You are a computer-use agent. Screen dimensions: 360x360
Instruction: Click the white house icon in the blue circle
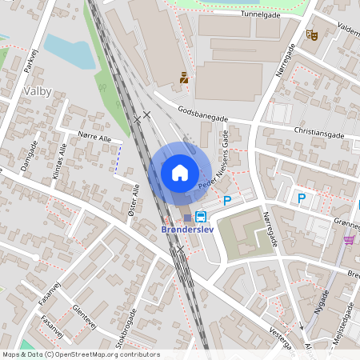[x=180, y=172]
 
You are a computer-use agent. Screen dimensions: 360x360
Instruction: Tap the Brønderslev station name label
[x=186, y=231]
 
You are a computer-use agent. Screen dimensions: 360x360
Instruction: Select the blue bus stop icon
[x=200, y=216]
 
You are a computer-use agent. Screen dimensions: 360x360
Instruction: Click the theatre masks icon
[x=311, y=34]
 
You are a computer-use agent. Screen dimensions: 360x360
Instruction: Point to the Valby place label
[x=38, y=91]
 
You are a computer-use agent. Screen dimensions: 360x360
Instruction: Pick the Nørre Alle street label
[x=94, y=138]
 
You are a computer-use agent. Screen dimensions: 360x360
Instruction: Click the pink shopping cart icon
[x=349, y=239]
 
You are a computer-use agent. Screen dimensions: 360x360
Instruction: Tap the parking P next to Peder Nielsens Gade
[x=226, y=200]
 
